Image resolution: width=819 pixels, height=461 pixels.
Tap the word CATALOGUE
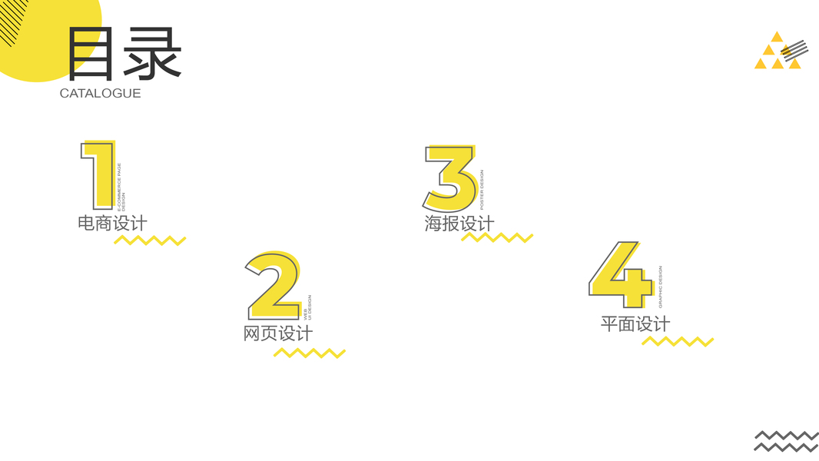tap(100, 94)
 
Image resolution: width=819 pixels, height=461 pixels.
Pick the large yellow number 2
tap(274, 286)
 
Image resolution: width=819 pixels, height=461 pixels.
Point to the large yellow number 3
tap(450, 179)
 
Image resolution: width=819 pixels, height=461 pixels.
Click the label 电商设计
tap(112, 224)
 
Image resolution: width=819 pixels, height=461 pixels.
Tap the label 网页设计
tap(278, 334)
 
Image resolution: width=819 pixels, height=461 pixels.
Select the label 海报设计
tap(459, 224)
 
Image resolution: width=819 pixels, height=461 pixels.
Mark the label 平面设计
tap(635, 324)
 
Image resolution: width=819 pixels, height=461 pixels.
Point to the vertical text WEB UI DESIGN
tap(308, 307)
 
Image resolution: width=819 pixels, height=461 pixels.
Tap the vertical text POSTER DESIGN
tap(482, 190)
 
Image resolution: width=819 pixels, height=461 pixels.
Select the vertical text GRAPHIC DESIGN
tap(660, 287)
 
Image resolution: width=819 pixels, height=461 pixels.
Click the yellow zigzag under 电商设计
tap(150, 240)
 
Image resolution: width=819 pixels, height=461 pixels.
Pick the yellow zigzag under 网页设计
tap(310, 353)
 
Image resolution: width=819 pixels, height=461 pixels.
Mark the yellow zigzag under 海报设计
tap(497, 237)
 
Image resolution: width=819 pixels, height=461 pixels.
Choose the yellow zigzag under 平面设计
tap(678, 341)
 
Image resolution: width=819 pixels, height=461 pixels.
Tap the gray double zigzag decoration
tap(786, 441)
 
